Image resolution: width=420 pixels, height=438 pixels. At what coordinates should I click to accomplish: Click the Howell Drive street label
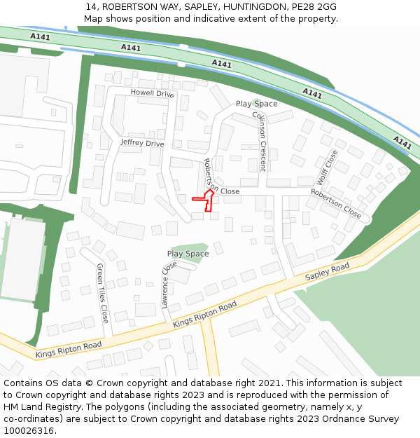pyautogui.click(x=152, y=93)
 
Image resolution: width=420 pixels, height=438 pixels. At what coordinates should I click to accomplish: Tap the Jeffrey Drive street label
pyautogui.click(x=142, y=143)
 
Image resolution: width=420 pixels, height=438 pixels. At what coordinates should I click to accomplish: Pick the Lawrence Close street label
pyautogui.click(x=169, y=285)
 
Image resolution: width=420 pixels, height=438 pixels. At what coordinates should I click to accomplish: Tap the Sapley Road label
pyautogui.click(x=327, y=273)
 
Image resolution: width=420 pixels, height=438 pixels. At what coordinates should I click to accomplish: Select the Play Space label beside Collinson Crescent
pyautogui.click(x=256, y=104)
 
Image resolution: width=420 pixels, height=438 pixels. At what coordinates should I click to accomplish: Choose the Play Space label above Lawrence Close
pyautogui.click(x=188, y=254)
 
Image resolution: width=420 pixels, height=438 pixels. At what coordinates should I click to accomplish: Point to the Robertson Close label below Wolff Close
pyautogui.click(x=336, y=204)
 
